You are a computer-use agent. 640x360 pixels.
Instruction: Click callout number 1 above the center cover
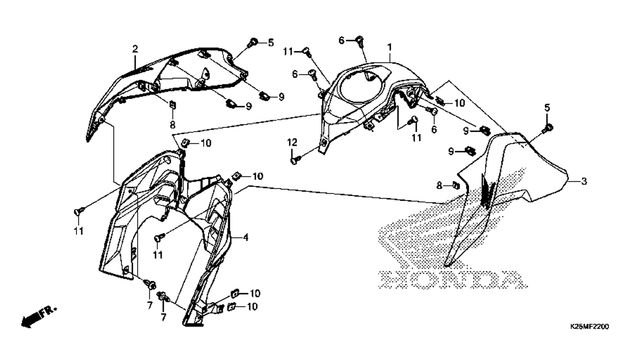coord(389,47)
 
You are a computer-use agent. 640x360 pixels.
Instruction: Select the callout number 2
coord(135,49)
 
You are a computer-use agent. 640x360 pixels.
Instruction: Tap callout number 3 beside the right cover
coord(584,181)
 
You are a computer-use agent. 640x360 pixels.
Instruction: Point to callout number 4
coord(246,237)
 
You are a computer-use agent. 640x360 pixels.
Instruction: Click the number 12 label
coord(292,142)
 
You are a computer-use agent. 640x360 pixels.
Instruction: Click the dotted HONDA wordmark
coord(452,279)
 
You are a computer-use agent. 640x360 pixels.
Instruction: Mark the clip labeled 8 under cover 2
coord(173,105)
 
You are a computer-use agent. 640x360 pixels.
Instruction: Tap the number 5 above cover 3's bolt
coord(547,108)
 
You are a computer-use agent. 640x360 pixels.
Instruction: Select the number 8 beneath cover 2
coord(172,125)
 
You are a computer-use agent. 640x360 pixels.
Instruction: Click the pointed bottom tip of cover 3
coord(447,265)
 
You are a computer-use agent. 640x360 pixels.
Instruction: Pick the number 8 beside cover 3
coord(439,186)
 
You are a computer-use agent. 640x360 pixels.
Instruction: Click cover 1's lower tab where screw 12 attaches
coord(324,145)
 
